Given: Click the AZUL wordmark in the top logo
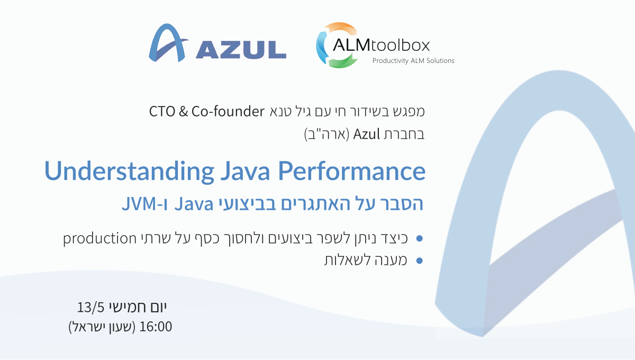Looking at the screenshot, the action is tap(241, 49).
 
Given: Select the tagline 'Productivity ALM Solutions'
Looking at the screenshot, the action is tap(413, 61).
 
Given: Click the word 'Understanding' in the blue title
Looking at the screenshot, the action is tap(129, 172).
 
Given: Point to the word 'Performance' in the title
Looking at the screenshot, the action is tap(351, 171).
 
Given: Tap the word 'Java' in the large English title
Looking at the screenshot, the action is tap(245, 171).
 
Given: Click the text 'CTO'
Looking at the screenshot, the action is tap(162, 112).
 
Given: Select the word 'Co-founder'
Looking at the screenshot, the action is tap(228, 111).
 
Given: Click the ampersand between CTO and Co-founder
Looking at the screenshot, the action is tap(183, 112).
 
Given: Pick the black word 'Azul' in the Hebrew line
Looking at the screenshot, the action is tap(366, 134).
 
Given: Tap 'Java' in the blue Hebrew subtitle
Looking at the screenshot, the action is tap(194, 204).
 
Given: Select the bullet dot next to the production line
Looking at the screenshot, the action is tap(419, 238).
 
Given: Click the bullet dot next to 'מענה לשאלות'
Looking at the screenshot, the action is tap(419, 260).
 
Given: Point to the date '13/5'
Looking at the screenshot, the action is tap(90, 308).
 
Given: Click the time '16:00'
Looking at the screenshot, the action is tap(156, 327).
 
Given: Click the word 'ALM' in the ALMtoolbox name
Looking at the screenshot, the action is tap(351, 46).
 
